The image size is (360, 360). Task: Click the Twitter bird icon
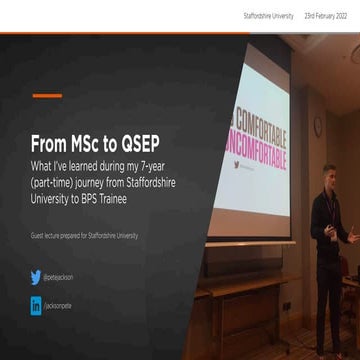coord(36,277)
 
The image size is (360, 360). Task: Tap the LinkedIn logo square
coord(36,307)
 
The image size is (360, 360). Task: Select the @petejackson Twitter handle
coord(59,278)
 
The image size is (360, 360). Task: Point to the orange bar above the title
coord(47,96)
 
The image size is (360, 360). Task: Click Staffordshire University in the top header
coord(268,16)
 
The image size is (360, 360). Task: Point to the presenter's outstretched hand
coord(353,236)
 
